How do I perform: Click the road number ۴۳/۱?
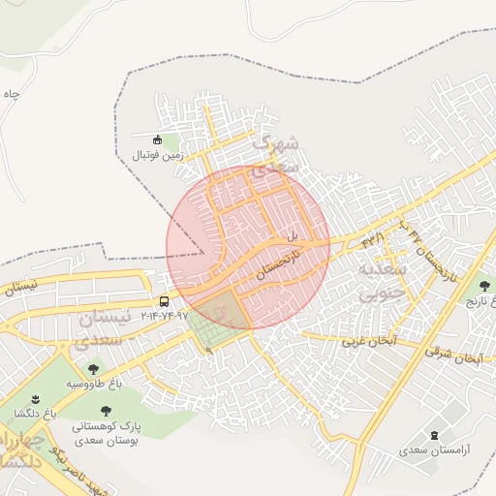tap(374, 235)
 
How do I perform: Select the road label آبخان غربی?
tap(368, 341)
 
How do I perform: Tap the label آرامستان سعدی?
tap(433, 451)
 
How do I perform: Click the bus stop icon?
tap(164, 301)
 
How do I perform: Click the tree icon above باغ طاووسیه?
tap(94, 369)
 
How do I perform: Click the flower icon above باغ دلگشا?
tap(36, 399)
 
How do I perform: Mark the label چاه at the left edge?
tap(11, 95)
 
